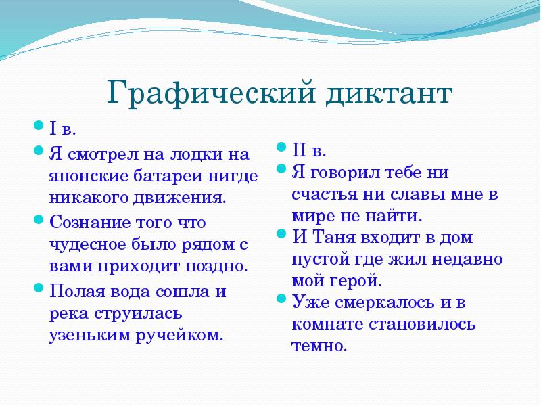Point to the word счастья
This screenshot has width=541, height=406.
coord(324,194)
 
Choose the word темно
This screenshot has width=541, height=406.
coord(319,346)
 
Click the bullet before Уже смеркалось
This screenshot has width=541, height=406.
coord(282,300)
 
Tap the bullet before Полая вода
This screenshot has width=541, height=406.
coord(39,290)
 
